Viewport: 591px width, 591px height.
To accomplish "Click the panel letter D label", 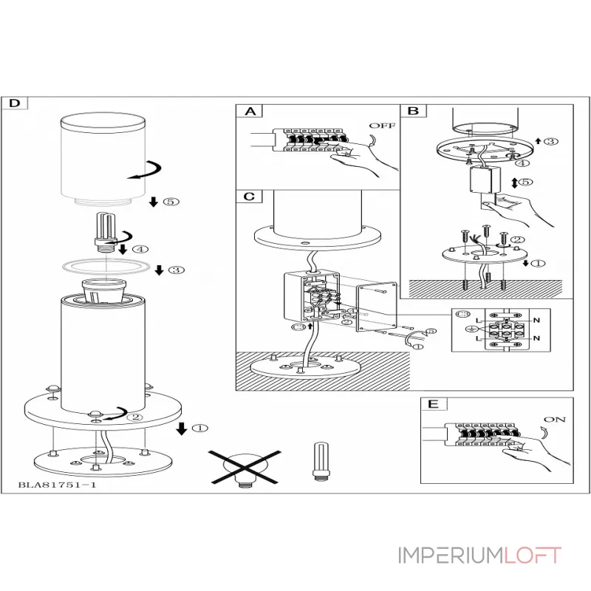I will coord(15,103).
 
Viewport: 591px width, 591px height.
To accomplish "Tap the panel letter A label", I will coord(250,112).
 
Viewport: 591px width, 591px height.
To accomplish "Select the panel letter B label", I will coord(414,112).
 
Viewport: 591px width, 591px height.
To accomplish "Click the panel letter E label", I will coord(433,403).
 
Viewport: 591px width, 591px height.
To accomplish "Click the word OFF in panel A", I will coord(381,126).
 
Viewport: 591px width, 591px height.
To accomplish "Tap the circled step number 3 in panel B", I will coord(551,141).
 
